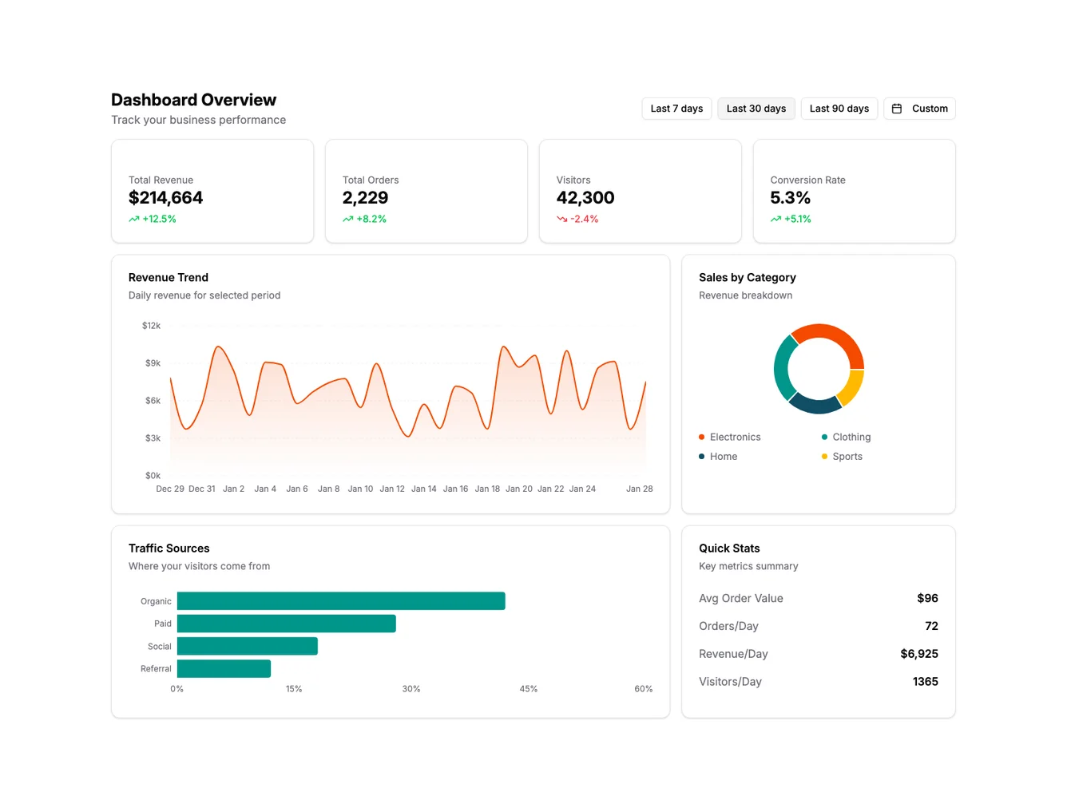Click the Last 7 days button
pyautogui.click(x=676, y=109)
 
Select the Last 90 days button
pyautogui.click(x=839, y=109)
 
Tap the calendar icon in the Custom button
pyautogui.click(x=897, y=109)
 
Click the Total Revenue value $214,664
pyautogui.click(x=165, y=198)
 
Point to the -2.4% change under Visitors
pyautogui.click(x=583, y=219)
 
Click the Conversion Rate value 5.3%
pyautogui.click(x=790, y=198)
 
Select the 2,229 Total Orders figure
pyautogui.click(x=365, y=198)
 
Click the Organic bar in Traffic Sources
pyautogui.click(x=341, y=601)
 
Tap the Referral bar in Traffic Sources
pyautogui.click(x=224, y=669)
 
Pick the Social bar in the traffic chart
pyautogui.click(x=247, y=647)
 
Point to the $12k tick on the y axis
pyautogui.click(x=151, y=326)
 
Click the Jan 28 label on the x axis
pyautogui.click(x=639, y=489)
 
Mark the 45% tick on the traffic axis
pyautogui.click(x=528, y=689)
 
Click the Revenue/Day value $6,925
pyautogui.click(x=918, y=654)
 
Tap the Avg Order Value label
pyautogui.click(x=740, y=599)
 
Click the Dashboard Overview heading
pyautogui.click(x=193, y=100)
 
